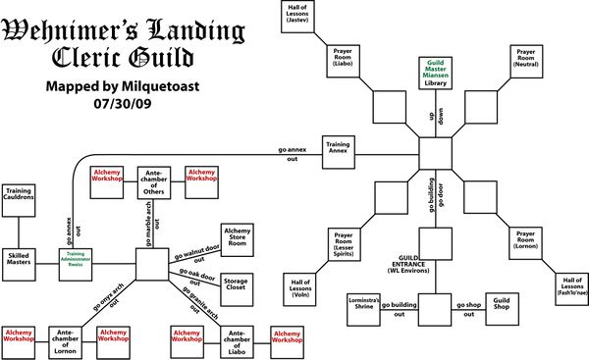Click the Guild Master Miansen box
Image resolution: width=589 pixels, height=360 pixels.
click(x=435, y=72)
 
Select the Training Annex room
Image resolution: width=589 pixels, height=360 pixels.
click(x=338, y=149)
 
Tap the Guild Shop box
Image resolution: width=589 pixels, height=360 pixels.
click(x=502, y=303)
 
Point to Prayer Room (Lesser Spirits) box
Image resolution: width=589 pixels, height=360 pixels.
click(x=344, y=241)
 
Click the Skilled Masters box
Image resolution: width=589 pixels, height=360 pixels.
click(x=21, y=258)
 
